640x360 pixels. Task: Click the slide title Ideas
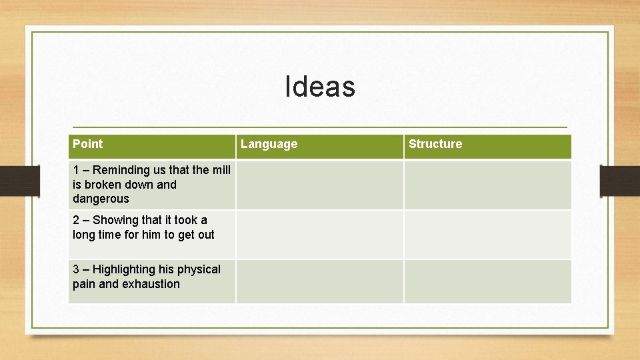[320, 87]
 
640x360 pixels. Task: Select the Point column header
[87, 144]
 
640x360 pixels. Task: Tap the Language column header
[269, 144]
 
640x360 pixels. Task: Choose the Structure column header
[435, 144]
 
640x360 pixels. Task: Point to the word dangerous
[101, 199]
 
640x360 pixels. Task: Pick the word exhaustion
[151, 284]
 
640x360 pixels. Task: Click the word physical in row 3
[199, 269]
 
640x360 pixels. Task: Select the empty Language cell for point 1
[319, 185]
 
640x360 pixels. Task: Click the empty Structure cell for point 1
[487, 185]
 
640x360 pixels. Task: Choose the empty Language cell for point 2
[319, 235]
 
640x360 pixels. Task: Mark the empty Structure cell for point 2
[487, 235]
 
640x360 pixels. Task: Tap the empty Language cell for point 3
[319, 281]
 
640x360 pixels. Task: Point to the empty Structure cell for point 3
[487, 281]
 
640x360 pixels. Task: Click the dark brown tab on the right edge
[620, 181]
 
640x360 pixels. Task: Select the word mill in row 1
[221, 170]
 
